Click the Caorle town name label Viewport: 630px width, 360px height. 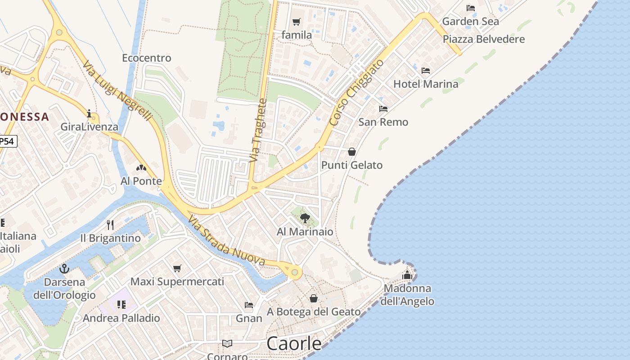click(x=294, y=344)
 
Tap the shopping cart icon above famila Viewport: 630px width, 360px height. click(x=296, y=22)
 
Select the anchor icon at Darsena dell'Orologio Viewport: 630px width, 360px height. click(x=64, y=269)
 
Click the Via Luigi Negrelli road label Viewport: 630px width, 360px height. click(x=117, y=91)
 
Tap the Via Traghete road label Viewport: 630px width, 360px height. click(x=259, y=130)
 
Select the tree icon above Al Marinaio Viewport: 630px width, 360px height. click(x=305, y=219)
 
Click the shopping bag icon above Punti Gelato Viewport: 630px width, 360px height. click(x=352, y=152)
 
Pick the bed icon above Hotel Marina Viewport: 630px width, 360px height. click(x=426, y=71)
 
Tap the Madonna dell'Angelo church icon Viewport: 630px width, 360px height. click(x=407, y=275)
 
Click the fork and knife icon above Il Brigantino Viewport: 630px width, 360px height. click(x=110, y=225)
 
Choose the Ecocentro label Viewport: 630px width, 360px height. click(x=147, y=58)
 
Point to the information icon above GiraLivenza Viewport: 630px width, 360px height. click(x=89, y=113)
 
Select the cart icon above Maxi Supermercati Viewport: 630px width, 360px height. click(x=177, y=268)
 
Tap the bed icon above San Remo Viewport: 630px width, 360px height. click(x=383, y=109)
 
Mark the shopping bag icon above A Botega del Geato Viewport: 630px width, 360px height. click(x=314, y=298)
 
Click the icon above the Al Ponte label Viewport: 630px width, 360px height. click(x=141, y=168)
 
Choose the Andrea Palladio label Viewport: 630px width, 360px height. click(x=121, y=318)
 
